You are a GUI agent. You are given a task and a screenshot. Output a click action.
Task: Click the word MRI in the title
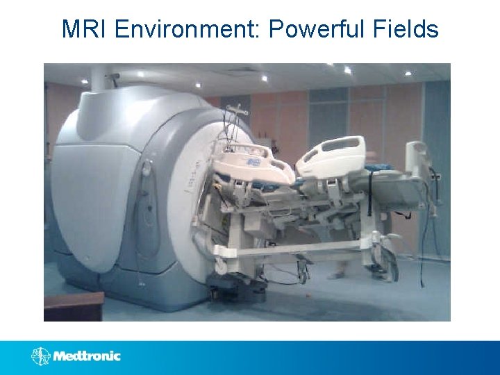click(x=84, y=29)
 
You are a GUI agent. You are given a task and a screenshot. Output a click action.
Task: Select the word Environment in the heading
click(x=185, y=29)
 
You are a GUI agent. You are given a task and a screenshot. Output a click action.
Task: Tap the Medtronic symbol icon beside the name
click(x=40, y=356)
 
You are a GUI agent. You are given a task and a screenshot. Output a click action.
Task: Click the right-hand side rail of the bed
click(x=332, y=155)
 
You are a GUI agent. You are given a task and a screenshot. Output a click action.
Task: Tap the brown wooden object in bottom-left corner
click(x=73, y=306)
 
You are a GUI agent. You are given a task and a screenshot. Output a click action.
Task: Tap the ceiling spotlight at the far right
click(x=408, y=73)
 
